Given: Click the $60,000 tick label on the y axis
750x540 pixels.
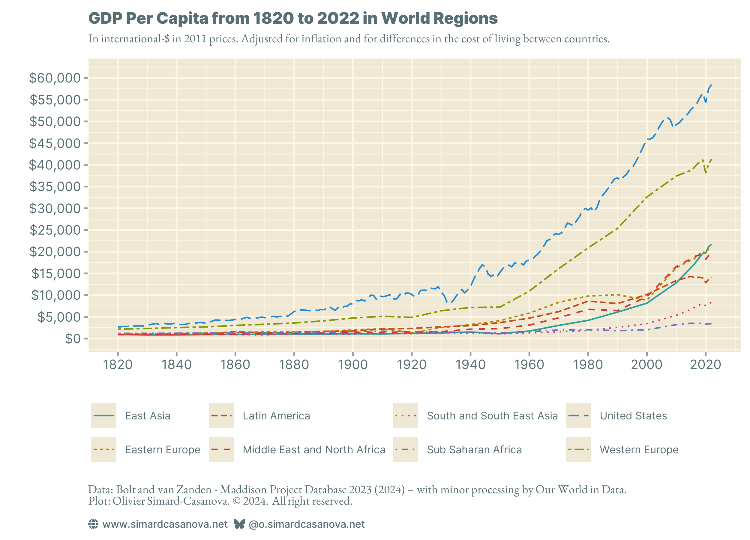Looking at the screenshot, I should pos(55,78).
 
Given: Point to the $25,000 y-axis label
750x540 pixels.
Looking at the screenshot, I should pos(55,230).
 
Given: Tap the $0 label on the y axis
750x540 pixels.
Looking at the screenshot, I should pos(73,339).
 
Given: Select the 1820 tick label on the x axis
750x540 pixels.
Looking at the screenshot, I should pos(118,365).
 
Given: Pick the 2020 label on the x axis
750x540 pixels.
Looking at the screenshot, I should pos(705,365).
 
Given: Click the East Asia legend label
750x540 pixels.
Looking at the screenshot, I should pos(148,416).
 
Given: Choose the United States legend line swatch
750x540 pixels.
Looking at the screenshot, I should pos(578,416).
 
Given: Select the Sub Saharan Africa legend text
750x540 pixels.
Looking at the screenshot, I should pos(474,450).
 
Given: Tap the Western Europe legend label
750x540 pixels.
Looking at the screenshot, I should pos(639,450).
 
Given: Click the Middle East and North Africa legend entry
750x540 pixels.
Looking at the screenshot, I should pos(314,450).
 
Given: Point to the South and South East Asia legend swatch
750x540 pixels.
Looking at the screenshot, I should pos(405,416).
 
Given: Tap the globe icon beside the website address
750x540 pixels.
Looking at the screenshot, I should pos(93,524).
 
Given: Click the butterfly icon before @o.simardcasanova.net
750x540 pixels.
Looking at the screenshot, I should pos(239,524).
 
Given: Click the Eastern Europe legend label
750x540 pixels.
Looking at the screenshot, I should pos(162,450).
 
